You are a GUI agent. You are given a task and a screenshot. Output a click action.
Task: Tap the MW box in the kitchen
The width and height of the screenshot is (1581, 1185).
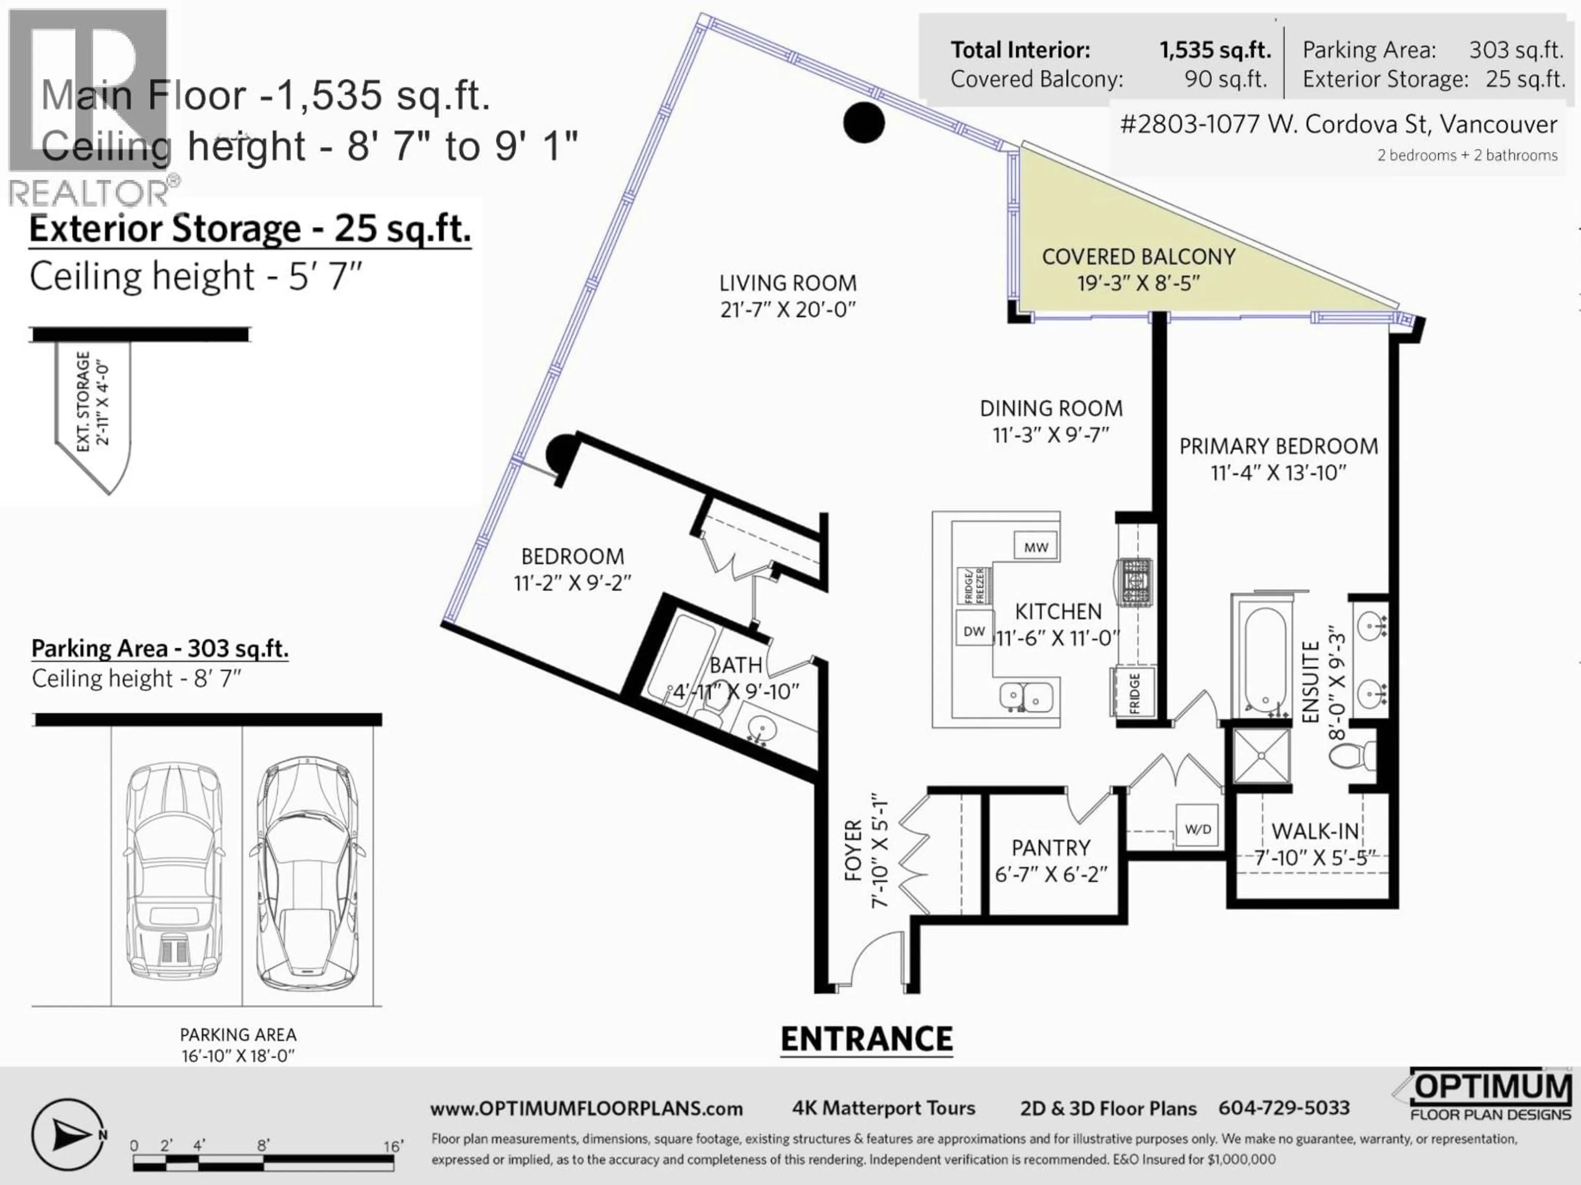(1035, 547)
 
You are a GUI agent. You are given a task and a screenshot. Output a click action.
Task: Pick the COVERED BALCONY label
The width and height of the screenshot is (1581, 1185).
(1138, 256)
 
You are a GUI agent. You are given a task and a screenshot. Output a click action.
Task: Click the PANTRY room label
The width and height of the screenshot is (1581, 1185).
(1051, 848)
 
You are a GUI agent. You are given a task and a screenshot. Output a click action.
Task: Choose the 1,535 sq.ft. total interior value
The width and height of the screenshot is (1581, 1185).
(1214, 50)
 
